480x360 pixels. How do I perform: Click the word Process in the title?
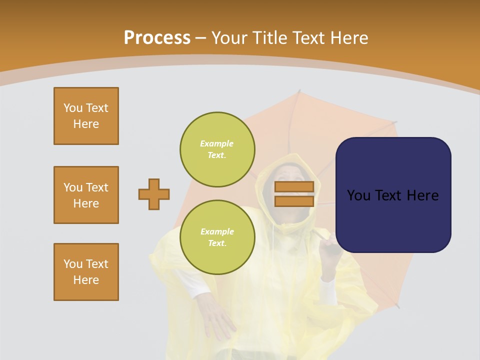157,37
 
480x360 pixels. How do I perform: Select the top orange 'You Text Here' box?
86,116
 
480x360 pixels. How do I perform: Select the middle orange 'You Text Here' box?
86,195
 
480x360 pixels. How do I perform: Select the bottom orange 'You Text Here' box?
86,272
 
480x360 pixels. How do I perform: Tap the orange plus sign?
154,194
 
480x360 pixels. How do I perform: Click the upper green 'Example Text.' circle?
217,149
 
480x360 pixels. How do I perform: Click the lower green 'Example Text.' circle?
217,237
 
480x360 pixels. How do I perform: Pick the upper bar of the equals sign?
294,186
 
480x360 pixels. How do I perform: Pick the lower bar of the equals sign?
294,201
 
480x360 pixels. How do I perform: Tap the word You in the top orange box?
72,108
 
